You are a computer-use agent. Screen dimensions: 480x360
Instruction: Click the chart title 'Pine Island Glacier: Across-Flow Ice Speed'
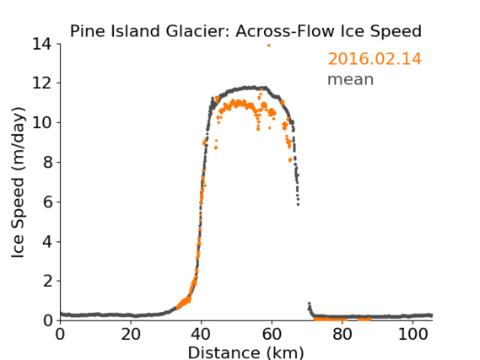point(245,31)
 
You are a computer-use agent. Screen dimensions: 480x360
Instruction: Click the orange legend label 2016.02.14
point(375,59)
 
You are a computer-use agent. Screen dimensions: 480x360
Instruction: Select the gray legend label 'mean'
point(351,79)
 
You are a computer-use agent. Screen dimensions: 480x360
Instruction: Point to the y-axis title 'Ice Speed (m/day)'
point(18,182)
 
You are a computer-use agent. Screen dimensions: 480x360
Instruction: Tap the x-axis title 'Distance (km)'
point(245,352)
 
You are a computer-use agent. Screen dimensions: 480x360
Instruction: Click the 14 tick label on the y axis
point(42,44)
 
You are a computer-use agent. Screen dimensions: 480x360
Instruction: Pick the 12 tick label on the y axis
point(42,83)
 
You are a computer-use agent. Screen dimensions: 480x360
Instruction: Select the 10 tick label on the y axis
point(42,122)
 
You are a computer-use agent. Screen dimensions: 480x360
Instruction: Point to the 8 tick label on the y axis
point(47,162)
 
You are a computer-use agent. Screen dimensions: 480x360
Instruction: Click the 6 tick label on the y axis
point(47,201)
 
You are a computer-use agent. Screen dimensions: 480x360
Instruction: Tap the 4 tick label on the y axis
point(47,241)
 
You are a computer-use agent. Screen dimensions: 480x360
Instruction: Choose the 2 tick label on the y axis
point(47,281)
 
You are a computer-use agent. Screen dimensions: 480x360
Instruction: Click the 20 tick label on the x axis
point(131,334)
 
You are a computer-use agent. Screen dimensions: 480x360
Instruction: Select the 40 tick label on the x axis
point(202,334)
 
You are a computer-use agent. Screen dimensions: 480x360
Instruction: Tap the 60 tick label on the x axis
point(272,334)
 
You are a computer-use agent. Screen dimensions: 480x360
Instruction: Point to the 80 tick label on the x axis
point(342,334)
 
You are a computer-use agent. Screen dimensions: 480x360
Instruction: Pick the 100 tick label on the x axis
point(413,334)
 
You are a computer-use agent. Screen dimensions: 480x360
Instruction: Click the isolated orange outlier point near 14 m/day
point(269,46)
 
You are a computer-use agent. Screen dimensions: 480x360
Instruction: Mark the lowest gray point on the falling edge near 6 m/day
point(298,204)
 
